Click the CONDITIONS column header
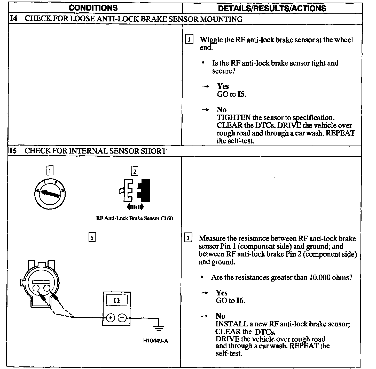(x=93, y=8)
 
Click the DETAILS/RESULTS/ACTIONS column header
(x=272, y=8)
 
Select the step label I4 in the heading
(x=14, y=19)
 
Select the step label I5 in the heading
(x=13, y=151)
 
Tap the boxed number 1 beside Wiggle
(x=189, y=40)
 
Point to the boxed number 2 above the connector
(x=135, y=171)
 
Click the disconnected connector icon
(x=135, y=190)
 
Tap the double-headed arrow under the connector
(x=135, y=206)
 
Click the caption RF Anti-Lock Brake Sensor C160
(x=134, y=218)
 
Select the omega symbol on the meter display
(x=117, y=301)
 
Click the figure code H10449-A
(x=155, y=341)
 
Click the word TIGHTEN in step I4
(x=233, y=118)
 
